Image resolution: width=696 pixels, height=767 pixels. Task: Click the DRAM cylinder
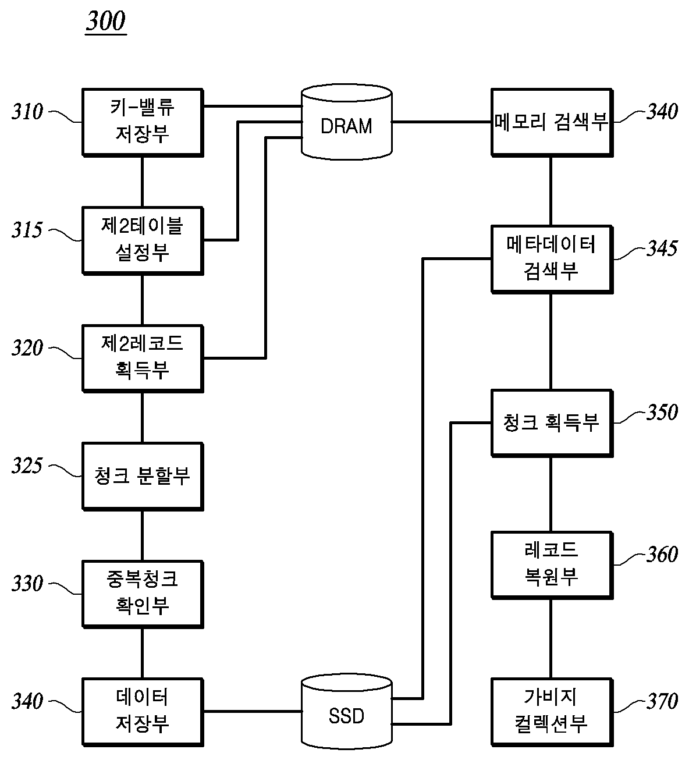point(346,122)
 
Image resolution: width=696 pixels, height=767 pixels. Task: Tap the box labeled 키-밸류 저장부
point(143,122)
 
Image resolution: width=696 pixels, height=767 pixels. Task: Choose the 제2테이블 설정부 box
point(143,240)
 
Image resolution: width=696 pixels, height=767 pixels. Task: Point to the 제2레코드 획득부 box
point(143,358)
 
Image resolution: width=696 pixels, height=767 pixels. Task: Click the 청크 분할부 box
point(143,477)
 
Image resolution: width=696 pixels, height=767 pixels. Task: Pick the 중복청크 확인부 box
point(143,594)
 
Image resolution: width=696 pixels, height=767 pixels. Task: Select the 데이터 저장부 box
point(143,712)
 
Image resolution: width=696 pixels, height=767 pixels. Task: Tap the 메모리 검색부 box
point(552,122)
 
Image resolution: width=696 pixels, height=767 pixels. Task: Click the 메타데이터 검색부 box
point(552,259)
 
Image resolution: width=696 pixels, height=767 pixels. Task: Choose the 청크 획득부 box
point(552,423)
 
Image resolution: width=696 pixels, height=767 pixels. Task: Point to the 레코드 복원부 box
point(552,564)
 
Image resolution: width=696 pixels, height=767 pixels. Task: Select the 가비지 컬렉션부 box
point(552,712)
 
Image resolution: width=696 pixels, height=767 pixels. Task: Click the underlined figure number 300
point(106,21)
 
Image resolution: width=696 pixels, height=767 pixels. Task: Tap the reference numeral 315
point(27,230)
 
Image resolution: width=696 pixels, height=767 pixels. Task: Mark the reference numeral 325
point(27,466)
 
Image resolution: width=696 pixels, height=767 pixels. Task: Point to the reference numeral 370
point(662,701)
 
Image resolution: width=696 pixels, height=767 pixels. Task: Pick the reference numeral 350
point(662,412)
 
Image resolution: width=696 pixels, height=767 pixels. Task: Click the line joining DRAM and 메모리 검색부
point(442,122)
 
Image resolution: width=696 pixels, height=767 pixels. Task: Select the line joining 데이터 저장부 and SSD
point(253,712)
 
